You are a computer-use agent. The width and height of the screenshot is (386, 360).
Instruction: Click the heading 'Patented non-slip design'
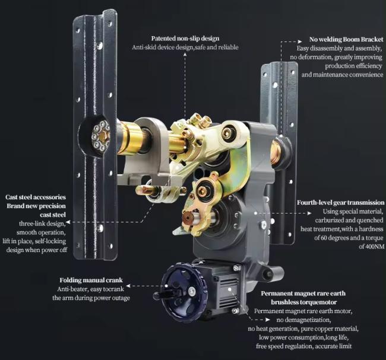pyautogui.click(x=185, y=39)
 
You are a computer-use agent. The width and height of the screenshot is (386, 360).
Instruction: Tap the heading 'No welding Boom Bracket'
pyautogui.click(x=346, y=40)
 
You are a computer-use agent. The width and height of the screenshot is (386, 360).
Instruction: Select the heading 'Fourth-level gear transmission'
pyautogui.click(x=340, y=203)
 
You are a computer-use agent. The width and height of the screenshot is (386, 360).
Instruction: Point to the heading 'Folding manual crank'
pyautogui.click(x=91, y=281)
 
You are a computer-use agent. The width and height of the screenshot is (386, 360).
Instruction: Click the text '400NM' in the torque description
pyautogui.click(x=375, y=247)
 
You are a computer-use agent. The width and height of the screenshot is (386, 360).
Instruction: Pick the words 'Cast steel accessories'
pyautogui.click(x=36, y=197)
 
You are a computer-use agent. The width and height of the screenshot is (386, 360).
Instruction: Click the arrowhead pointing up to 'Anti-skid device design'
pyautogui.click(x=185, y=53)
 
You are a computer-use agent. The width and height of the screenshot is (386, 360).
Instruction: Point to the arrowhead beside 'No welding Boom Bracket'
pyautogui.click(x=300, y=42)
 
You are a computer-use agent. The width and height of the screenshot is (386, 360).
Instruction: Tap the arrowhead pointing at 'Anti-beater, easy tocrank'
pyautogui.click(x=128, y=286)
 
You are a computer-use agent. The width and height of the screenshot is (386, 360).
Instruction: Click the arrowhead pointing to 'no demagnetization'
pyautogui.click(x=268, y=320)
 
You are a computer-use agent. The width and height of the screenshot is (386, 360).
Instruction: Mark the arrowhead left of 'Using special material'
pyautogui.click(x=309, y=213)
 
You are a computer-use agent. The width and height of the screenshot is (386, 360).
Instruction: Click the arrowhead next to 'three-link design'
pyautogui.click(x=68, y=222)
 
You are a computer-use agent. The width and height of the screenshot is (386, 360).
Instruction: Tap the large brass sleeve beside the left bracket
pyautogui.click(x=130, y=138)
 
